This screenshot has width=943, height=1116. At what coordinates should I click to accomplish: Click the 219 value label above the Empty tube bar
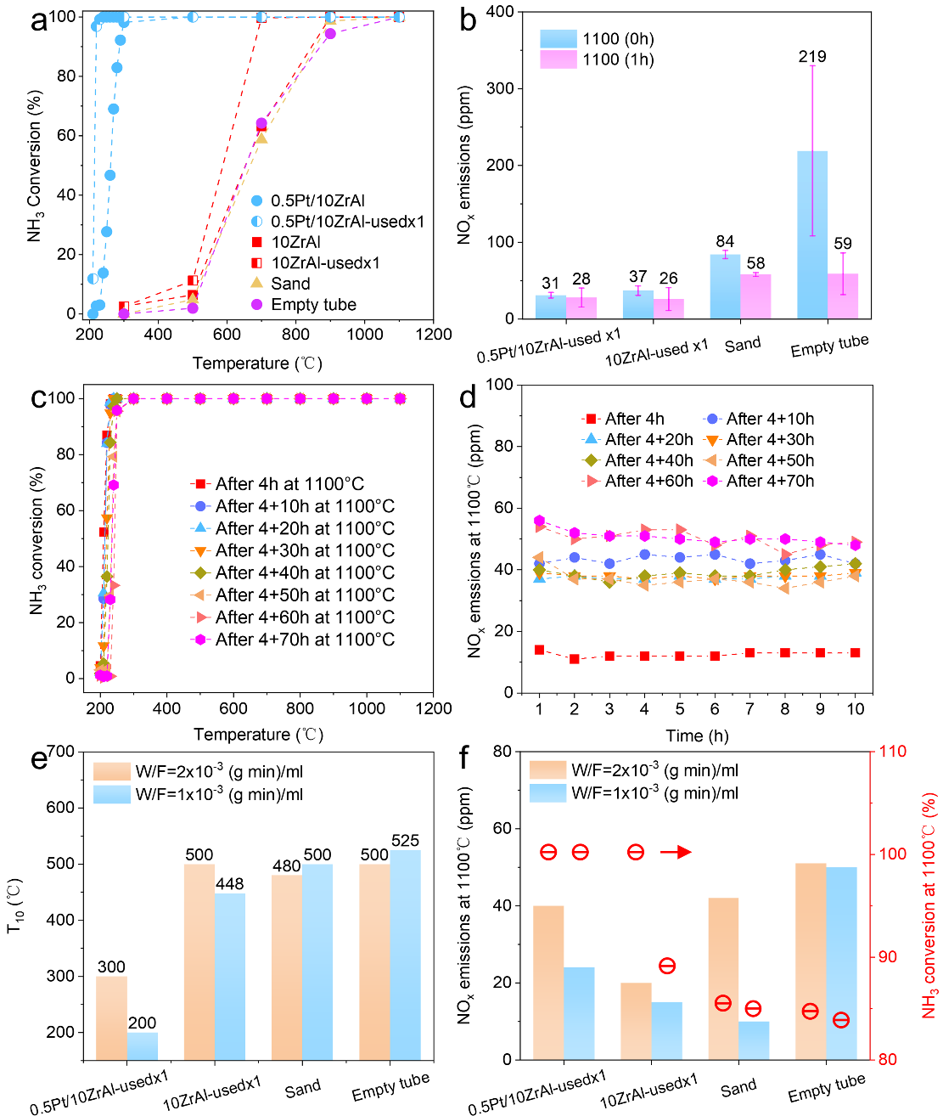click(x=812, y=57)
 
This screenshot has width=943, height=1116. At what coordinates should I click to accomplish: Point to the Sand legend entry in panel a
click(x=290, y=284)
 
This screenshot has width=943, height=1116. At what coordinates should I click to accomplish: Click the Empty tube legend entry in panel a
click(x=313, y=304)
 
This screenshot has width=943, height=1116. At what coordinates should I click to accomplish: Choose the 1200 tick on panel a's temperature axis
click(x=434, y=335)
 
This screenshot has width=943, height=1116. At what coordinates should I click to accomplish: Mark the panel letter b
click(x=468, y=20)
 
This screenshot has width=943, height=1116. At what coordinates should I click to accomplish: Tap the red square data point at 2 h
click(x=575, y=659)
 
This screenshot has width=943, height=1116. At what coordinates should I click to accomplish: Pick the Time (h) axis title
click(x=696, y=736)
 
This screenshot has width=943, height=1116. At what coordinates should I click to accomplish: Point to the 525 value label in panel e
click(x=406, y=841)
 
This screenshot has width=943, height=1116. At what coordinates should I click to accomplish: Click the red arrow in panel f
click(x=676, y=852)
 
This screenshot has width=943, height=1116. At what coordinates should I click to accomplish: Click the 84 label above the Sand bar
click(x=725, y=242)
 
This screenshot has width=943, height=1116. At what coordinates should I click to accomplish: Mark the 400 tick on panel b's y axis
click(x=501, y=12)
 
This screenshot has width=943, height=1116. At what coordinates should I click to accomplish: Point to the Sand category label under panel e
click(x=302, y=1089)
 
